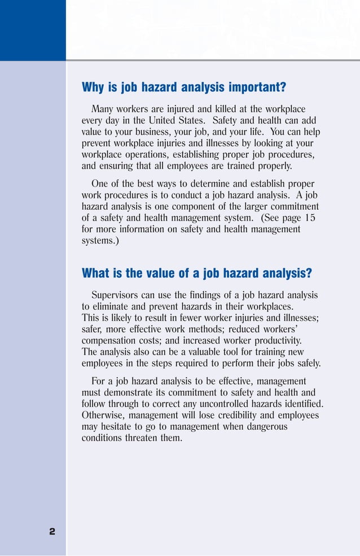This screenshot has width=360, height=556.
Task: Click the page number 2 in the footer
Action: click(52, 531)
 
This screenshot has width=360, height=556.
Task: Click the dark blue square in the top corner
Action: click(33, 30)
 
